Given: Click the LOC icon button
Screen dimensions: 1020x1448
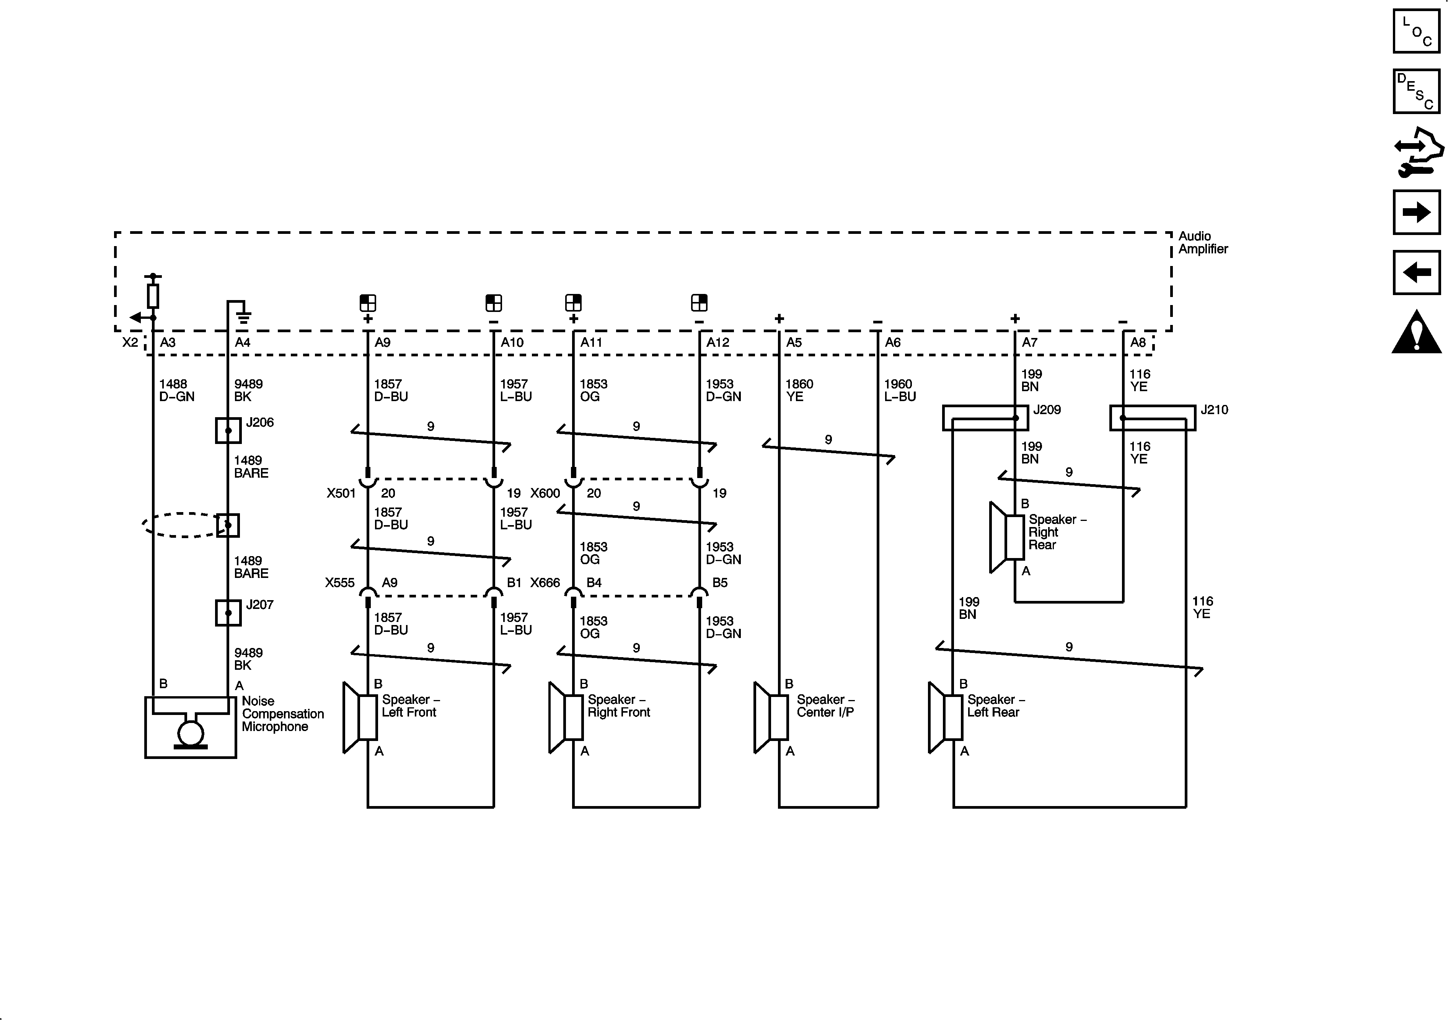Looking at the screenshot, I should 1417,31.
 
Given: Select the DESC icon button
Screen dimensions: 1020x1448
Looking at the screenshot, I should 1417,91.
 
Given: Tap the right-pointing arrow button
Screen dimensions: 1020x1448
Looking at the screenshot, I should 1417,212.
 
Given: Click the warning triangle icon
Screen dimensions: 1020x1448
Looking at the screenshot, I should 1417,333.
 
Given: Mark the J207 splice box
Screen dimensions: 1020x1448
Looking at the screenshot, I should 228,612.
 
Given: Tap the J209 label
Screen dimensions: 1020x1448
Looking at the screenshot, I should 1047,410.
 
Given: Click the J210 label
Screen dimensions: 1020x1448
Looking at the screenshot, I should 1214,410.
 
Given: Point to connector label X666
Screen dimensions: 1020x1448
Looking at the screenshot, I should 545,583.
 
